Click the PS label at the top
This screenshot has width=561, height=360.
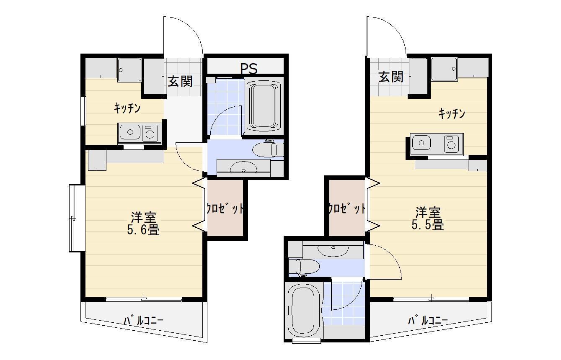click(x=248, y=67)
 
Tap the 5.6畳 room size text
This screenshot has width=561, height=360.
click(x=144, y=230)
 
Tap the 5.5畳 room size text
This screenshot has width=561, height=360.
click(x=427, y=225)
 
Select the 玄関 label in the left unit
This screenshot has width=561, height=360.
click(x=180, y=81)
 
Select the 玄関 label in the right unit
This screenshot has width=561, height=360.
click(x=391, y=77)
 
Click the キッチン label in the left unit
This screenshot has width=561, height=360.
click(x=127, y=108)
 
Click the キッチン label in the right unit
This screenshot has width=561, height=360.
click(x=452, y=113)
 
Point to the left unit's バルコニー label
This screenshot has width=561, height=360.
click(x=143, y=321)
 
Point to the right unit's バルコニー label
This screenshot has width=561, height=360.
click(x=428, y=321)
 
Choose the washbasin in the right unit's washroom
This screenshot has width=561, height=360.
click(x=333, y=250)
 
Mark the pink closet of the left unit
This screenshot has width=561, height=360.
click(x=225, y=208)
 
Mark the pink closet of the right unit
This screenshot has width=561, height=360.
click(x=346, y=208)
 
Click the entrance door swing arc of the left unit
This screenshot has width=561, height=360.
click(x=193, y=33)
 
